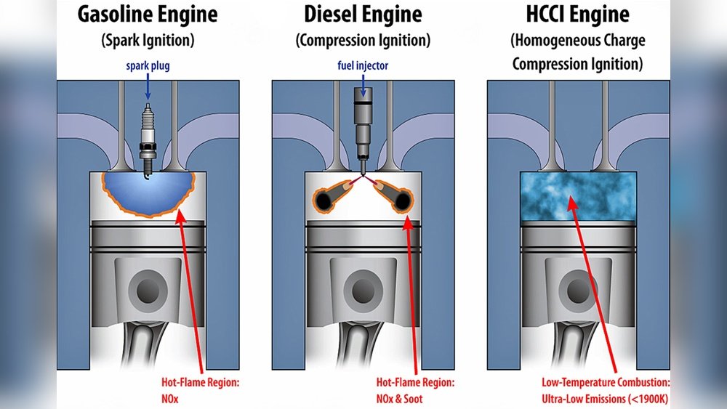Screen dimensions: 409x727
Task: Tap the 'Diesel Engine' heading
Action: coord(363,15)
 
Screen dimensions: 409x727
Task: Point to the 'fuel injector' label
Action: coord(363,66)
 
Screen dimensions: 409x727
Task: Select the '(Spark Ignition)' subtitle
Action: coord(149,41)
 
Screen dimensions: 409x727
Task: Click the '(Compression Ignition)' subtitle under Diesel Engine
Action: coord(363,41)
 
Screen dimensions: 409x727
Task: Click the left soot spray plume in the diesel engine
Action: coord(331,195)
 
